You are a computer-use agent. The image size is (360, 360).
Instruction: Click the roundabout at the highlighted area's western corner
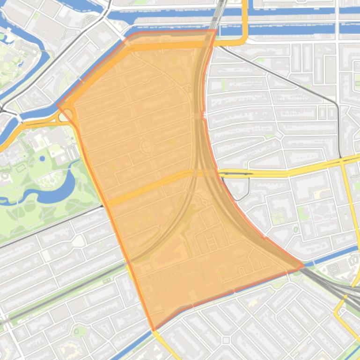(67, 115)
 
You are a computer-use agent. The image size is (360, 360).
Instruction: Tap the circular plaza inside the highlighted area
(146, 148)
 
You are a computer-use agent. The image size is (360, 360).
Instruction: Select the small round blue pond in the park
(42, 158)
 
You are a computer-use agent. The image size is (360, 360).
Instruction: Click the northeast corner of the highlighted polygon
(216, 31)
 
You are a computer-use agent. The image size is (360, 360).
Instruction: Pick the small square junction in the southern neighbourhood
(226, 340)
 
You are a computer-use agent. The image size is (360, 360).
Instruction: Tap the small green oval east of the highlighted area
(296, 230)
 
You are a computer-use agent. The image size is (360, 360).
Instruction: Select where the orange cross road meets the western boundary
(107, 203)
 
